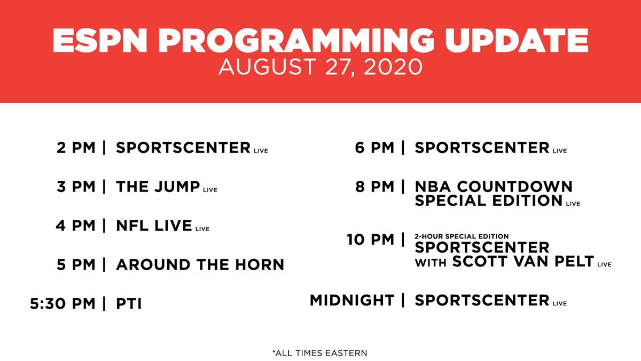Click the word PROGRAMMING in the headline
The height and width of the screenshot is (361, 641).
(x=295, y=41)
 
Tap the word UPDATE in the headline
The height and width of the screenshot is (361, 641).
(x=516, y=41)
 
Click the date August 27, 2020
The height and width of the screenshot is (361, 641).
(x=320, y=67)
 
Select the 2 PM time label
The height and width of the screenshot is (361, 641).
(x=76, y=148)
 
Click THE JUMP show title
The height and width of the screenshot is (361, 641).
(x=158, y=187)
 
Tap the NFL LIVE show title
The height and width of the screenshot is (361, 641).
(x=154, y=226)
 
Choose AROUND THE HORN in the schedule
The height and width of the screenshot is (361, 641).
(x=200, y=264)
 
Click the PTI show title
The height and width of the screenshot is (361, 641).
(x=129, y=304)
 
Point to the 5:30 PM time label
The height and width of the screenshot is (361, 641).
(x=62, y=304)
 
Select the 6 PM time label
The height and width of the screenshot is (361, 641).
(x=374, y=148)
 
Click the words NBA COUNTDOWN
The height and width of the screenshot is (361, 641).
(x=494, y=187)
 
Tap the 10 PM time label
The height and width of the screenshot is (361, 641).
(x=371, y=240)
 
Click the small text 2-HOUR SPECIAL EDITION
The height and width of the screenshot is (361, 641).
(x=462, y=236)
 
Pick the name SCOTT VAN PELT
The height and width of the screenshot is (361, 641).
(x=523, y=262)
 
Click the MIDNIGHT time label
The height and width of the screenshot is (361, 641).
(x=352, y=300)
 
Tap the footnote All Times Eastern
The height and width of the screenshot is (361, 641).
(x=320, y=353)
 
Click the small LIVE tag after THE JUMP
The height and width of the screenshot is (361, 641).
(x=210, y=190)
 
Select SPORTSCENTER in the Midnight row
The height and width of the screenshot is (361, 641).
(x=482, y=300)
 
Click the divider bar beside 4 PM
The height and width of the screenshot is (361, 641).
(x=104, y=226)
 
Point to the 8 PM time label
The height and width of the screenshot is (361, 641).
(x=375, y=187)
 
